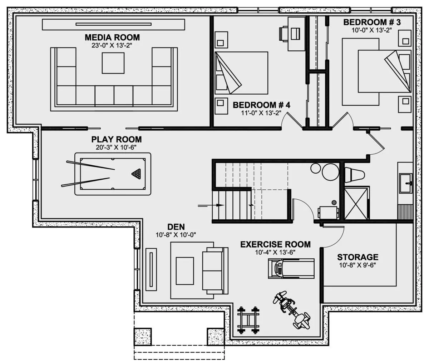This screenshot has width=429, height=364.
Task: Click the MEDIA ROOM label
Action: pyautogui.click(x=112, y=38)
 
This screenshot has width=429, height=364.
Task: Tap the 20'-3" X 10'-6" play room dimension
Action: pyautogui.click(x=116, y=148)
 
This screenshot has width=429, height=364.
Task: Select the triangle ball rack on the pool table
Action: pyautogui.click(x=136, y=174)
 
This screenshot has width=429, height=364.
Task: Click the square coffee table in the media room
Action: pyautogui.click(x=113, y=63)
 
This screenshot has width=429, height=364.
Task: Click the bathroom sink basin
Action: pyautogui.click(x=406, y=183)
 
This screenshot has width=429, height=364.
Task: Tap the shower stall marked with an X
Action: pyautogui.click(x=356, y=203)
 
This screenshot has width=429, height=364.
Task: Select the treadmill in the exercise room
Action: pyautogui.click(x=291, y=268)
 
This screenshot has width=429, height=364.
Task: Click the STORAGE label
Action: pyautogui.click(x=357, y=257)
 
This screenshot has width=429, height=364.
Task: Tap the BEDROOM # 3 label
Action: pyautogui.click(x=372, y=23)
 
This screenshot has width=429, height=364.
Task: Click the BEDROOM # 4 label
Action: pyautogui.click(x=261, y=105)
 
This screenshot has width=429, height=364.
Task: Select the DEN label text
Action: pyautogui.click(x=176, y=227)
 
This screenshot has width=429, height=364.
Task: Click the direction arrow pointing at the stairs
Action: pyautogui.click(x=211, y=205)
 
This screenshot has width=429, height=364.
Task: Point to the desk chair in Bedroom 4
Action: pyautogui.click(x=283, y=34)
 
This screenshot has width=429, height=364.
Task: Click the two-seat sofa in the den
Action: pyautogui.click(x=215, y=271)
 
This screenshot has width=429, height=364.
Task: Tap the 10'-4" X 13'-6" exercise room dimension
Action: pyautogui.click(x=275, y=253)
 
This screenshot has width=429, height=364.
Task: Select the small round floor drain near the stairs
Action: pyautogui.click(x=334, y=202)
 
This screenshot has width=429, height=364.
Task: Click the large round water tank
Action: pyautogui.click(x=330, y=172)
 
